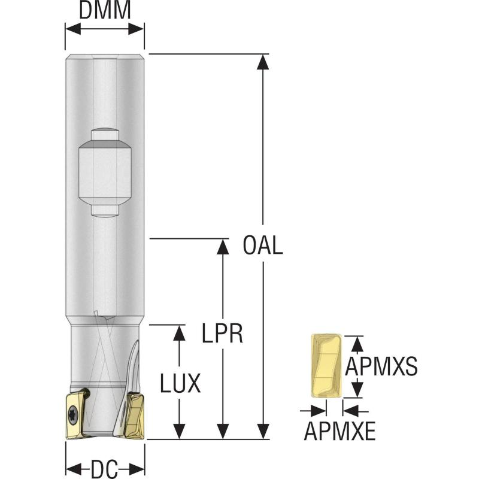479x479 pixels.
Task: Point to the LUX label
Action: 180,383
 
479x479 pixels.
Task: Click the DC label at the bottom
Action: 105,467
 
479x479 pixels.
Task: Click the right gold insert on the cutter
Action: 133,414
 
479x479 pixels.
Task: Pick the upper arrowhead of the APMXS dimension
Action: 357,342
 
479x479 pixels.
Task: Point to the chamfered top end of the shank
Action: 105,57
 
